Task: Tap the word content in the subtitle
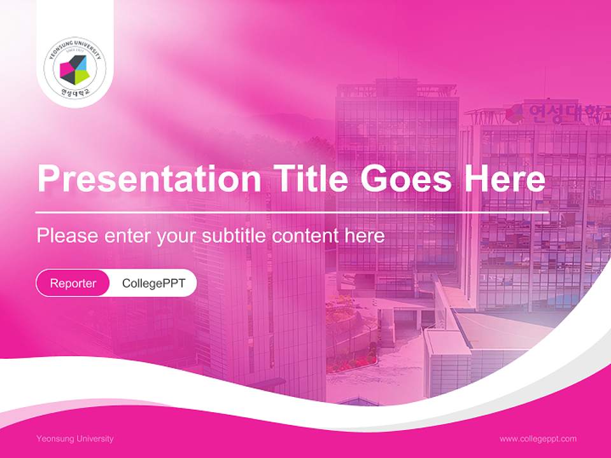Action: coord(305,236)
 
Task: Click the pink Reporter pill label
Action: coord(73,283)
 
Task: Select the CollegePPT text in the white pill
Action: coord(153,283)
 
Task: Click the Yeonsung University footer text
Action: coord(75,438)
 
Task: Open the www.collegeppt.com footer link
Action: coord(538,438)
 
